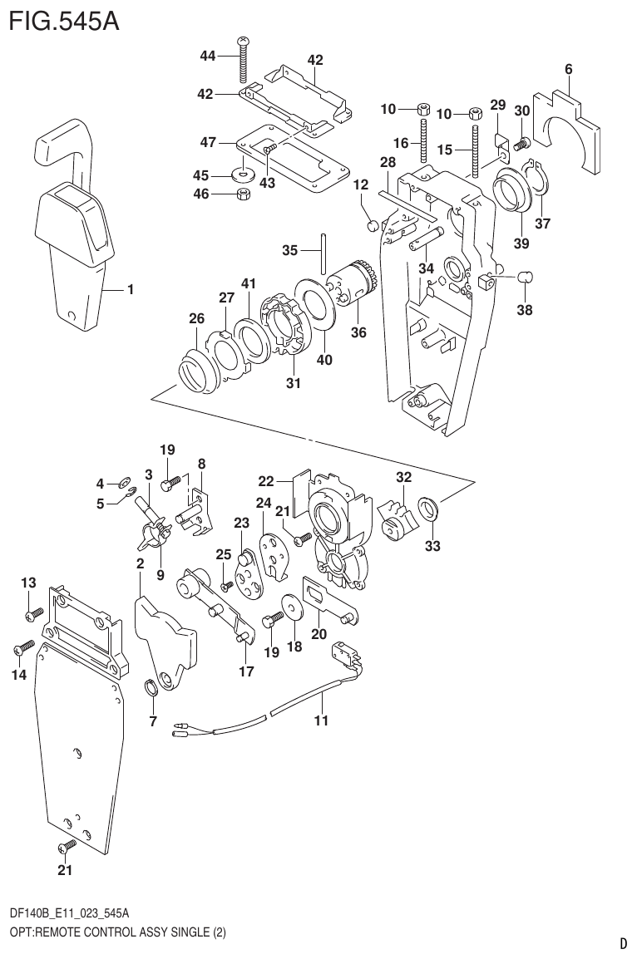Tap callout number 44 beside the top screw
pos(208,56)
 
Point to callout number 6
pos(569,70)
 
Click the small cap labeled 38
pos(525,277)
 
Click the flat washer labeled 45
pos(244,175)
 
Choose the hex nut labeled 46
pos(244,194)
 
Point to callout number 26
pos(196,318)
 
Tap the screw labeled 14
pos(23,647)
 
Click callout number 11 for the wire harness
pos(321,720)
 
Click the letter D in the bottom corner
pos(623,943)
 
